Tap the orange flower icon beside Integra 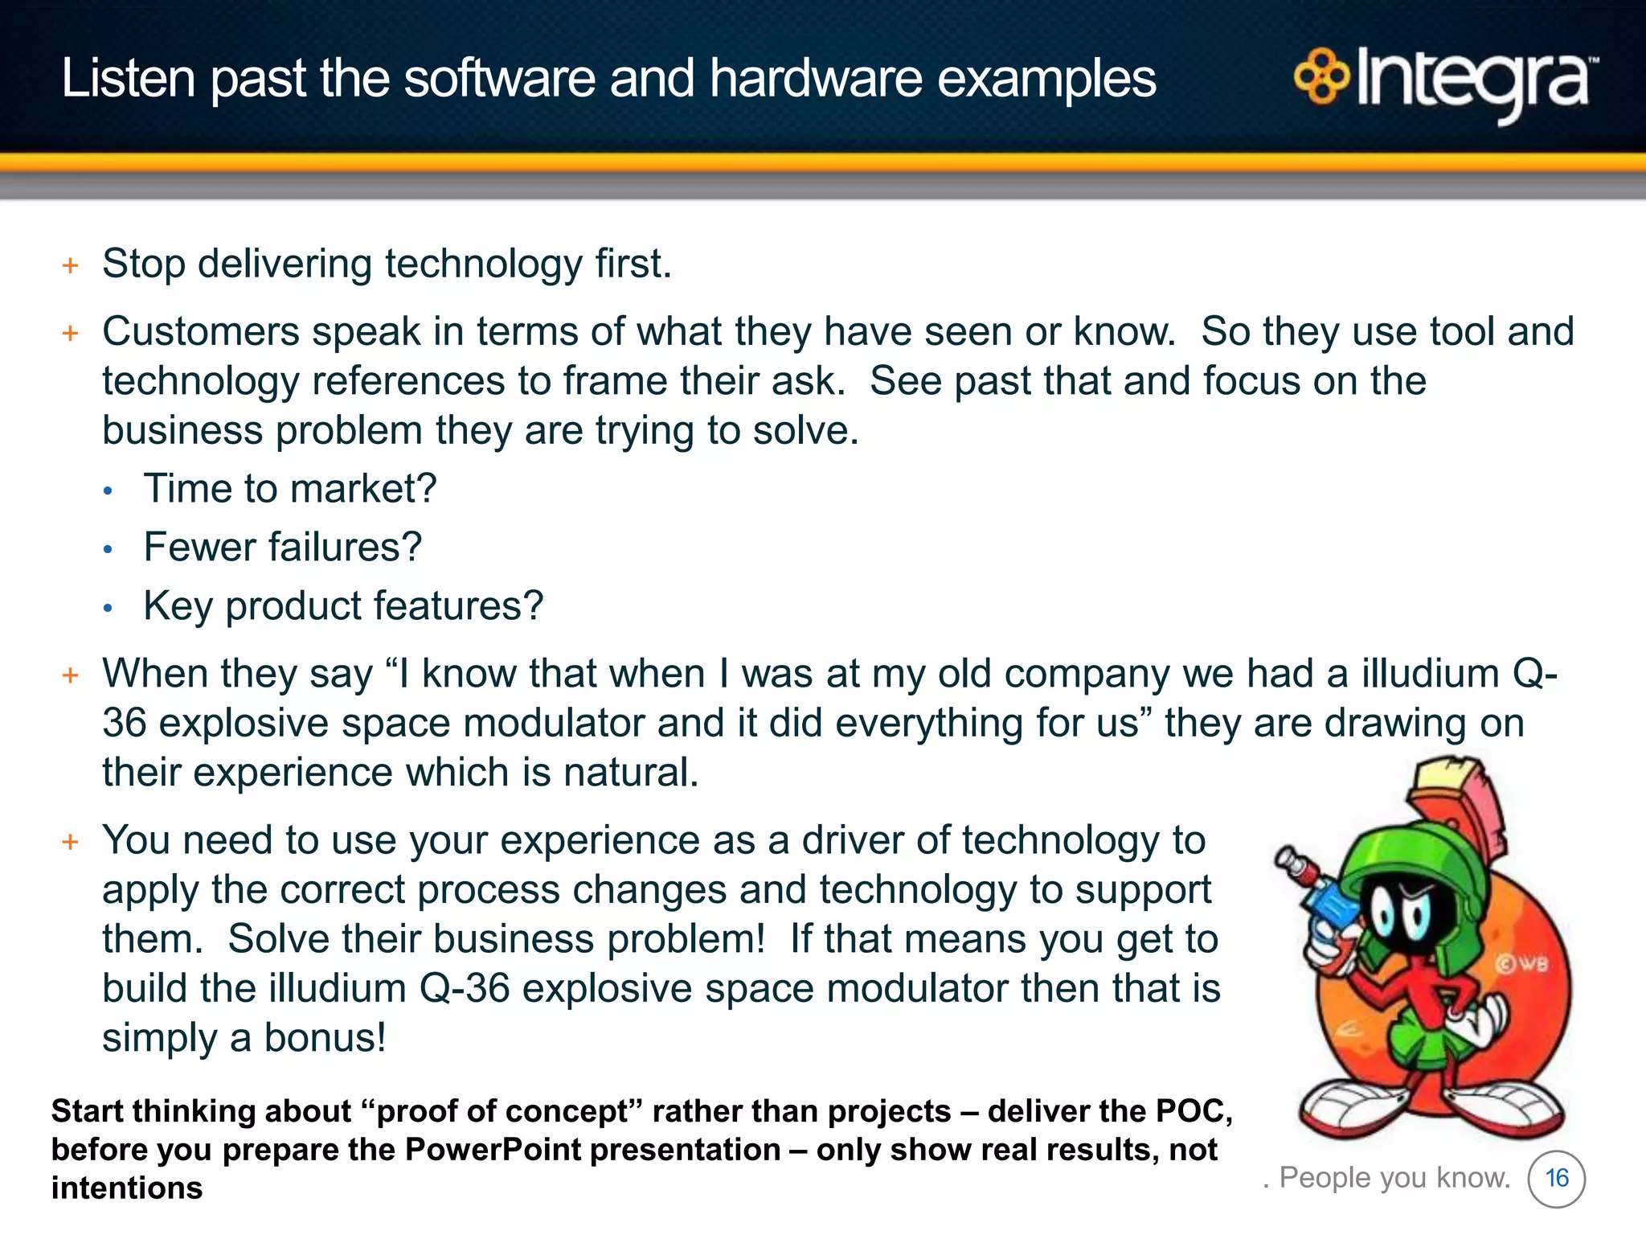1321,77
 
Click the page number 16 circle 1556,1179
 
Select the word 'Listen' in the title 129,79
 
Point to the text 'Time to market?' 289,489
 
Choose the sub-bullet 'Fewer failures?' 282,548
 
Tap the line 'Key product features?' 343,606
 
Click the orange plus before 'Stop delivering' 71,265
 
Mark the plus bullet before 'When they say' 71,675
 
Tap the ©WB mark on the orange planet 1521,963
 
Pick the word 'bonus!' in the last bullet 325,1038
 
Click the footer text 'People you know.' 1394,1178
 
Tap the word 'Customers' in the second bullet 201,332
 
